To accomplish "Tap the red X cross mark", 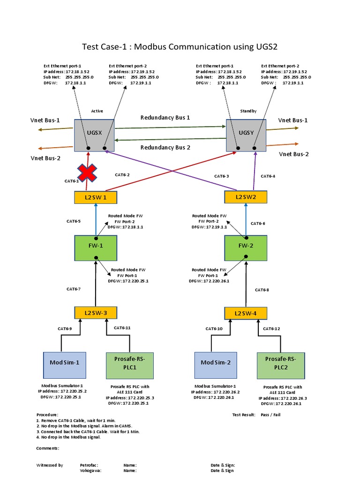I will (x=87, y=173).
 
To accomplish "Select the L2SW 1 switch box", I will (x=96, y=197).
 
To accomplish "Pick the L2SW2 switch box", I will (x=246, y=197).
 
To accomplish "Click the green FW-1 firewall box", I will (x=96, y=248).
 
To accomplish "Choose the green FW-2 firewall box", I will (x=246, y=248).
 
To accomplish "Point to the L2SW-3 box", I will (x=96, y=312).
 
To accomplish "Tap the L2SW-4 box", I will (x=246, y=313).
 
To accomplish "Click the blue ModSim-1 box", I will (x=64, y=364).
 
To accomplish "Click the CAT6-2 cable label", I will (x=122, y=175).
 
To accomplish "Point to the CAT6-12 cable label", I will (x=271, y=329).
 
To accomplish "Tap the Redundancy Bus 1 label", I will (x=165, y=118).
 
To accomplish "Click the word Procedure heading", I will (x=47, y=414).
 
